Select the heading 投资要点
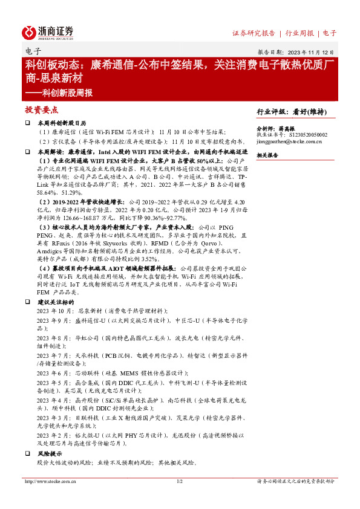(x=42, y=111)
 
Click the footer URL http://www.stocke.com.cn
(x=48, y=482)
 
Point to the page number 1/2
(x=179, y=482)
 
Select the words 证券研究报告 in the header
(x=254, y=33)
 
